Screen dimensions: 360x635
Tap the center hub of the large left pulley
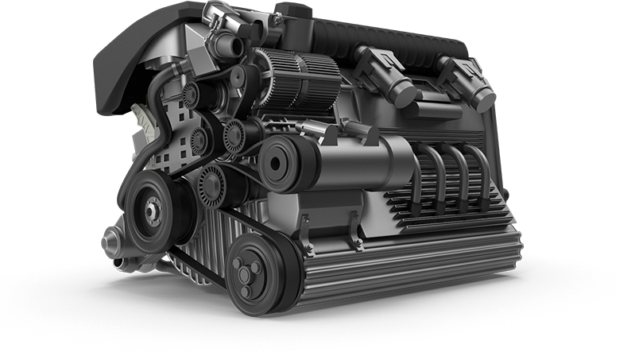pos(149,211)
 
